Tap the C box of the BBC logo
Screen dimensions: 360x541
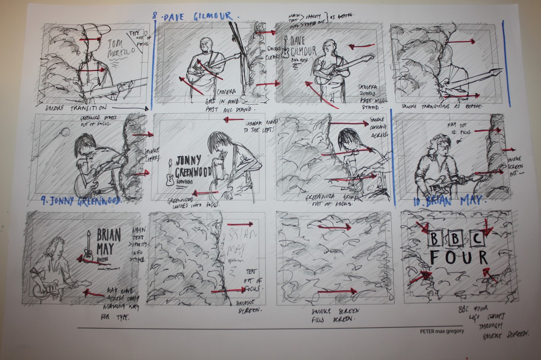coord(478,239)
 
